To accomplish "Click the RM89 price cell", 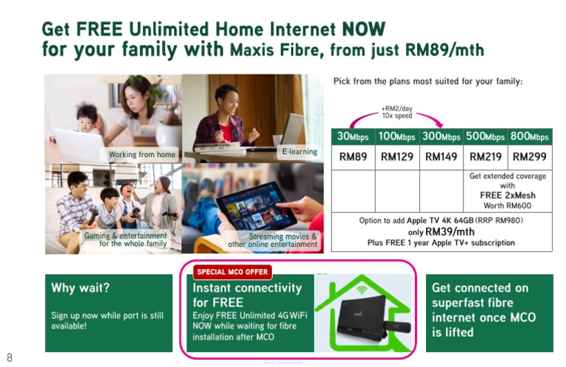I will [353, 157].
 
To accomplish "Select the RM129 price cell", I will [397, 157].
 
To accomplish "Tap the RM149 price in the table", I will [441, 157].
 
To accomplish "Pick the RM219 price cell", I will [486, 157].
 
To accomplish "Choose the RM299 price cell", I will [530, 157].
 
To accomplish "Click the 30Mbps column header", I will [353, 136].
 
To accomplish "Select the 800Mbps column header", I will [530, 136].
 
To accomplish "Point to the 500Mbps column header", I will [486, 136].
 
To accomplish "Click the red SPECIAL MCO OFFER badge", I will [232, 272].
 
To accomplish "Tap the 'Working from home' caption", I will [142, 155].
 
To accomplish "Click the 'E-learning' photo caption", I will [299, 152].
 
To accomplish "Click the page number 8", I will [10, 357].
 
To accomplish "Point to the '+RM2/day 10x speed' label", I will [397, 111].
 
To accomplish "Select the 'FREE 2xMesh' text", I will [508, 195].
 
